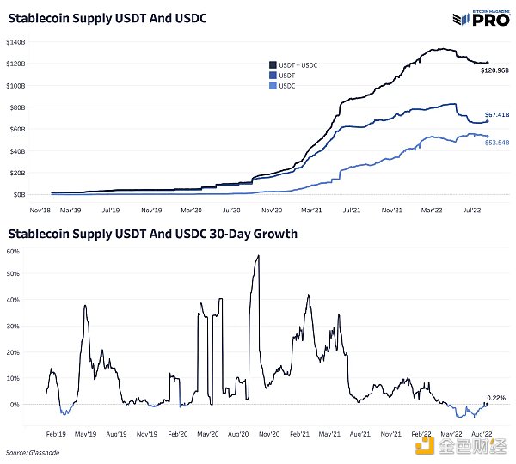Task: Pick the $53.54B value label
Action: tap(498, 142)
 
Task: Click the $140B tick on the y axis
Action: tap(16, 42)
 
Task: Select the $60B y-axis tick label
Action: tap(18, 129)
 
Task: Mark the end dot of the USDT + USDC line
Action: tap(488, 63)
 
